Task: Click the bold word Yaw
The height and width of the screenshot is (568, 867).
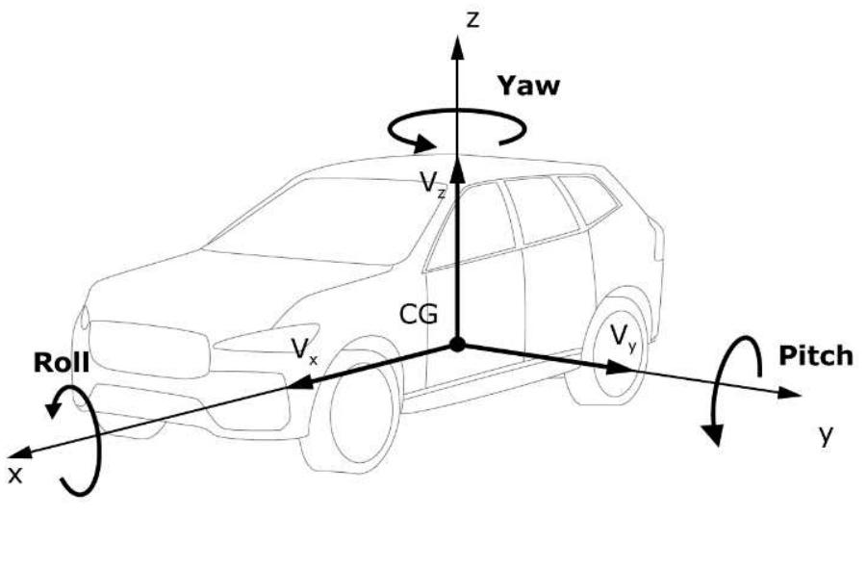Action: click(x=528, y=86)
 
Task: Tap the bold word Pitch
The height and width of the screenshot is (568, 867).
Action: click(x=816, y=355)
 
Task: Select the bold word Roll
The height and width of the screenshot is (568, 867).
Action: click(x=61, y=362)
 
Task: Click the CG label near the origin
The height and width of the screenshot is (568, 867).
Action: click(x=419, y=314)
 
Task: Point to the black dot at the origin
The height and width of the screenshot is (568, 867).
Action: click(x=457, y=344)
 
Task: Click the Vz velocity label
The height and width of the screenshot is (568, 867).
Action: click(x=432, y=183)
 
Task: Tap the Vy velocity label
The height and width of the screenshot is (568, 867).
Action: click(x=624, y=337)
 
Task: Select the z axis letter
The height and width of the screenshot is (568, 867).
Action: click(x=472, y=20)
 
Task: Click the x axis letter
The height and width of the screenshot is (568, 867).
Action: click(x=15, y=475)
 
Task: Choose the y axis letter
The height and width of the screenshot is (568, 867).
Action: click(x=826, y=435)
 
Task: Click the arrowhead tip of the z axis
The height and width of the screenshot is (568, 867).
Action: click(x=457, y=36)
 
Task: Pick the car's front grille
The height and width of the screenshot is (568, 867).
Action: click(x=150, y=349)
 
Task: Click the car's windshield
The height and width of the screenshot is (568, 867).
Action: click(x=320, y=221)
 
